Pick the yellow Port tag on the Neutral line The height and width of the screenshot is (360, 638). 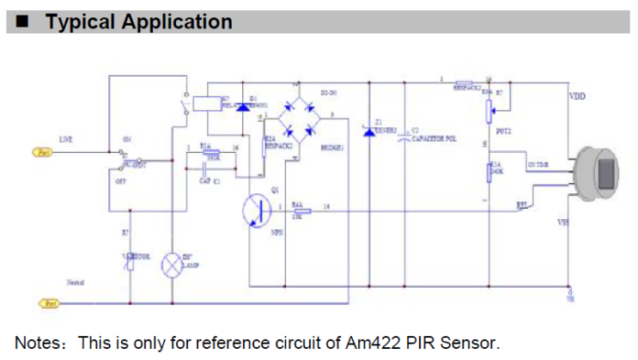[x=50, y=302]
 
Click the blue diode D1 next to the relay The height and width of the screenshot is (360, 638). [x=243, y=107]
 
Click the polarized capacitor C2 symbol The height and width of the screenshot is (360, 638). [x=405, y=136]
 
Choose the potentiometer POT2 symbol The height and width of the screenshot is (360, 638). [x=489, y=109]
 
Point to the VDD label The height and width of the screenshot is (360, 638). [x=577, y=96]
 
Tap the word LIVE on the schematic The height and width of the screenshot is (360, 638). [x=65, y=138]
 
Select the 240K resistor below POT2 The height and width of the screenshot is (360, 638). [x=489, y=172]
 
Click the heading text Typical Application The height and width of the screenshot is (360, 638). [x=138, y=21]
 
